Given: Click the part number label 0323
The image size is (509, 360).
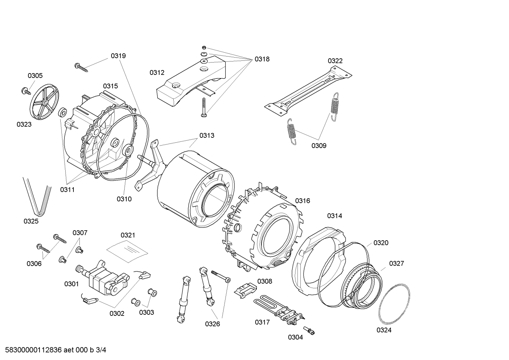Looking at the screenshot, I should [x=24, y=124].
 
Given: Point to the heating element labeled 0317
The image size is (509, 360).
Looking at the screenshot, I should [x=279, y=309].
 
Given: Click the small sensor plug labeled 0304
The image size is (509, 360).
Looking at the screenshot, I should [x=311, y=331].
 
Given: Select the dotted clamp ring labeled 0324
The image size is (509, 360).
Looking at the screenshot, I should [x=395, y=304].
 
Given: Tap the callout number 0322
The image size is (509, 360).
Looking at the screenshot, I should [x=335, y=61].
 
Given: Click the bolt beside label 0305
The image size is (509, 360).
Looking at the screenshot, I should [x=25, y=91].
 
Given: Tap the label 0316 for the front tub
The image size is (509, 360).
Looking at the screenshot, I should [x=303, y=201].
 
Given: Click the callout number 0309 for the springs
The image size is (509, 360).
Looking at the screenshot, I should [x=319, y=146].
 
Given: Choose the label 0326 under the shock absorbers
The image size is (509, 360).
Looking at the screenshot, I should [x=212, y=324].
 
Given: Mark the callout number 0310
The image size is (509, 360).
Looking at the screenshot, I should [x=124, y=199].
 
